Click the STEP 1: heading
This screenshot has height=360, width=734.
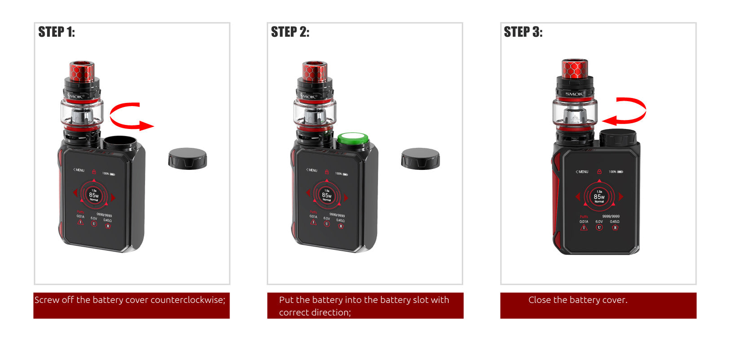pyautogui.click(x=57, y=32)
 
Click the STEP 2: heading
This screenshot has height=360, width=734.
pyautogui.click(x=290, y=32)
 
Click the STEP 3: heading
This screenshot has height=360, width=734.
pyautogui.click(x=523, y=32)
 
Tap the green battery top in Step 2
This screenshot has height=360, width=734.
pyautogui.click(x=353, y=139)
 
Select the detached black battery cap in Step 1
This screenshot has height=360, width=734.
pyautogui.click(x=187, y=158)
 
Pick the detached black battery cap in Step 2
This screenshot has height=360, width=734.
pyautogui.click(x=420, y=158)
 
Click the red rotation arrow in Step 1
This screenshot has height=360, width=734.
pyautogui.click(x=130, y=116)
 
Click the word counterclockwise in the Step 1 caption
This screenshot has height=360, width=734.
pyautogui.click(x=188, y=300)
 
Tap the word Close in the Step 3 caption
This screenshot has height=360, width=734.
pyautogui.click(x=539, y=300)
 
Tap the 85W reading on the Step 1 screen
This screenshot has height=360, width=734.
pyautogui.click(x=93, y=195)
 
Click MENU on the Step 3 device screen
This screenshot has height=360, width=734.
pyautogui.click(x=582, y=172)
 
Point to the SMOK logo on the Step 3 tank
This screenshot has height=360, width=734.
pyautogui.click(x=574, y=94)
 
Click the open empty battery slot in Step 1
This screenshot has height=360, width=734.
pyautogui.click(x=120, y=142)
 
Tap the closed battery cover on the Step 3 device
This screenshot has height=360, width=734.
pyautogui.click(x=618, y=137)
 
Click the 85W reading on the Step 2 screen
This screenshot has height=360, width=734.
pyautogui.click(x=327, y=195)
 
